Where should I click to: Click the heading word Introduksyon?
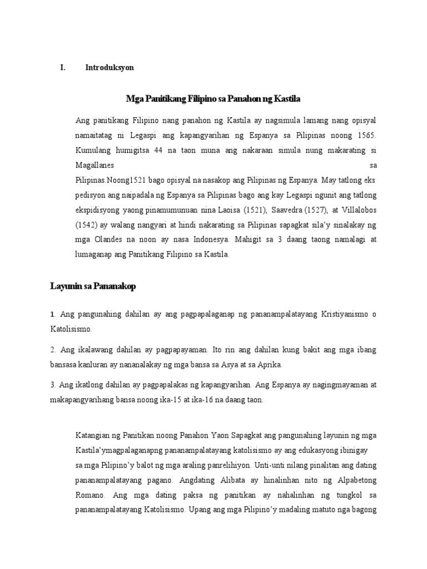pyautogui.click(x=110, y=68)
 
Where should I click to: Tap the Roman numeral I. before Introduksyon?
pyautogui.click(x=63, y=68)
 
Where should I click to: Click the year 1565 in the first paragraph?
pyautogui.click(x=366, y=135)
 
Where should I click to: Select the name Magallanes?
pyautogui.click(x=95, y=165)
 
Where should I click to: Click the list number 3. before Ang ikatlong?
pyautogui.click(x=53, y=385)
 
